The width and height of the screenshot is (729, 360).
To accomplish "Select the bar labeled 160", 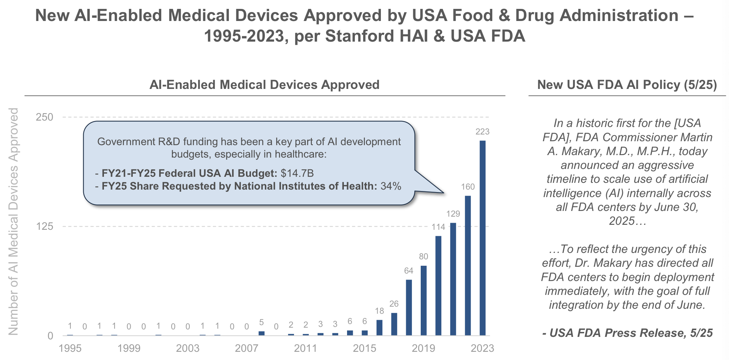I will click(468, 265).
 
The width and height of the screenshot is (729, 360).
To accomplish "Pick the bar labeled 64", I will click(409, 307).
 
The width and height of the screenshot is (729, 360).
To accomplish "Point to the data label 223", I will click(482, 132).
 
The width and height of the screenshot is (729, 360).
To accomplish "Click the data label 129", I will click(453, 214).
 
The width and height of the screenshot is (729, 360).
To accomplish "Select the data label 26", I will click(394, 304).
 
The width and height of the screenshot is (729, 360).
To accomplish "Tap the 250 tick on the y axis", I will click(44, 117).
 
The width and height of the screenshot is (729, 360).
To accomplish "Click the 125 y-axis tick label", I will click(44, 226).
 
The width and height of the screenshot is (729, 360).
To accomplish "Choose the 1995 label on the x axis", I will click(70, 348).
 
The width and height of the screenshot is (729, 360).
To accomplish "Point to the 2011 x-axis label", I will click(305, 348).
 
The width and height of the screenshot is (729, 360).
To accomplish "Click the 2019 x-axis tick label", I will click(423, 348).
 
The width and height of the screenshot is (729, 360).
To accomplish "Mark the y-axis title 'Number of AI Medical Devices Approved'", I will click(14, 222).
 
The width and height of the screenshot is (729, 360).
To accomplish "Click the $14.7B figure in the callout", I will click(297, 174).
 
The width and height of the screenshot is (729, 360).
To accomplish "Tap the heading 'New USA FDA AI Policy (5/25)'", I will click(627, 85).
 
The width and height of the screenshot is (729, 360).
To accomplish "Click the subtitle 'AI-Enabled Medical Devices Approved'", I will click(264, 85).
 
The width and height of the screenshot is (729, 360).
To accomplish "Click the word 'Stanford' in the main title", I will click(360, 36).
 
